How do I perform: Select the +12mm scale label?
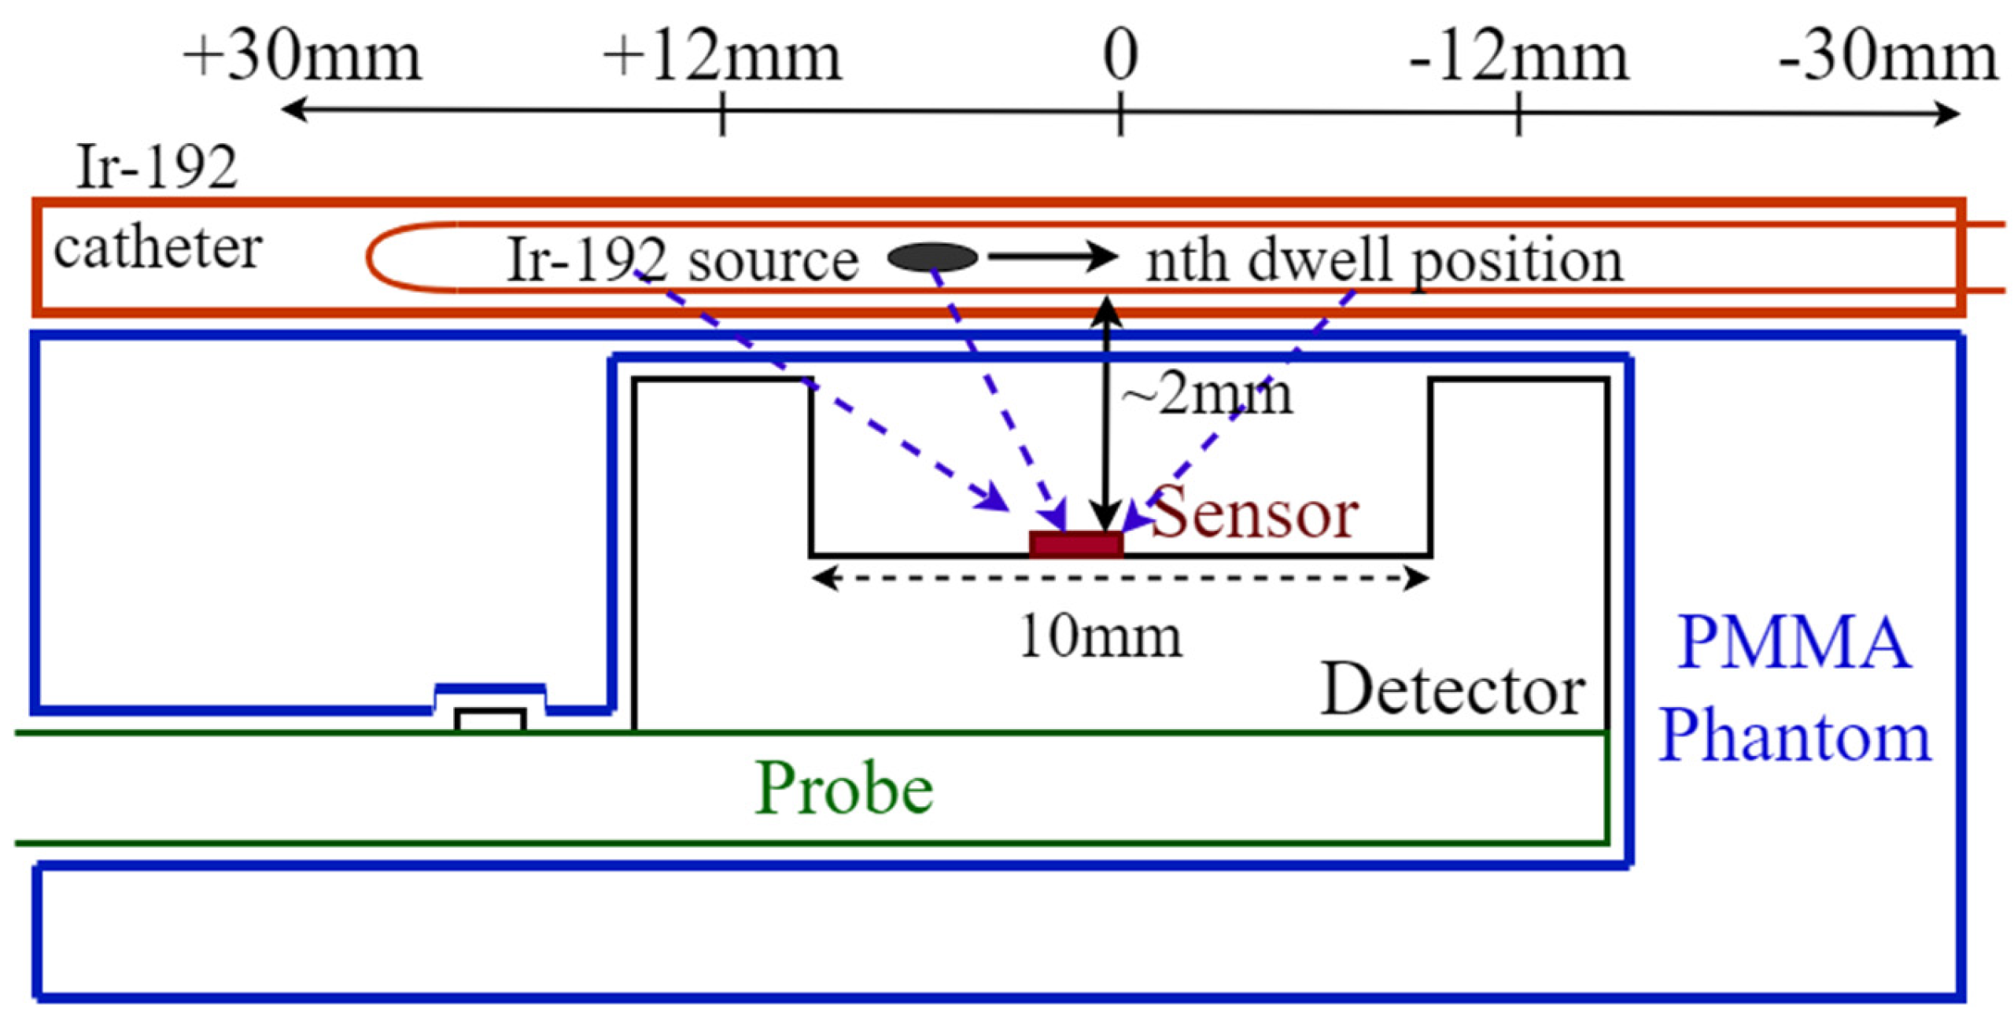tap(721, 58)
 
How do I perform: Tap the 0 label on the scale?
tap(1120, 57)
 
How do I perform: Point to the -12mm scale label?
tap(1518, 58)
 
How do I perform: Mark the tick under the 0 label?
tap(1120, 114)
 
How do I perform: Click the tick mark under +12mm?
tap(722, 114)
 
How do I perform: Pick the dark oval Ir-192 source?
tap(932, 257)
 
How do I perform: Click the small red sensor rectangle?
tap(1075, 544)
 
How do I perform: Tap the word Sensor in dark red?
tap(1254, 514)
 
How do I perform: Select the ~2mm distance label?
tap(1207, 395)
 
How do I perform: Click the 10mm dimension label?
tap(1100, 635)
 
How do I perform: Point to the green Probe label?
tap(843, 789)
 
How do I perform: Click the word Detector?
tap(1452, 691)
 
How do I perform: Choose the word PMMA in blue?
tap(1794, 643)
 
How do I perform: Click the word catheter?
tap(157, 249)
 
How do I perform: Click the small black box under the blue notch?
tap(490, 720)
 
